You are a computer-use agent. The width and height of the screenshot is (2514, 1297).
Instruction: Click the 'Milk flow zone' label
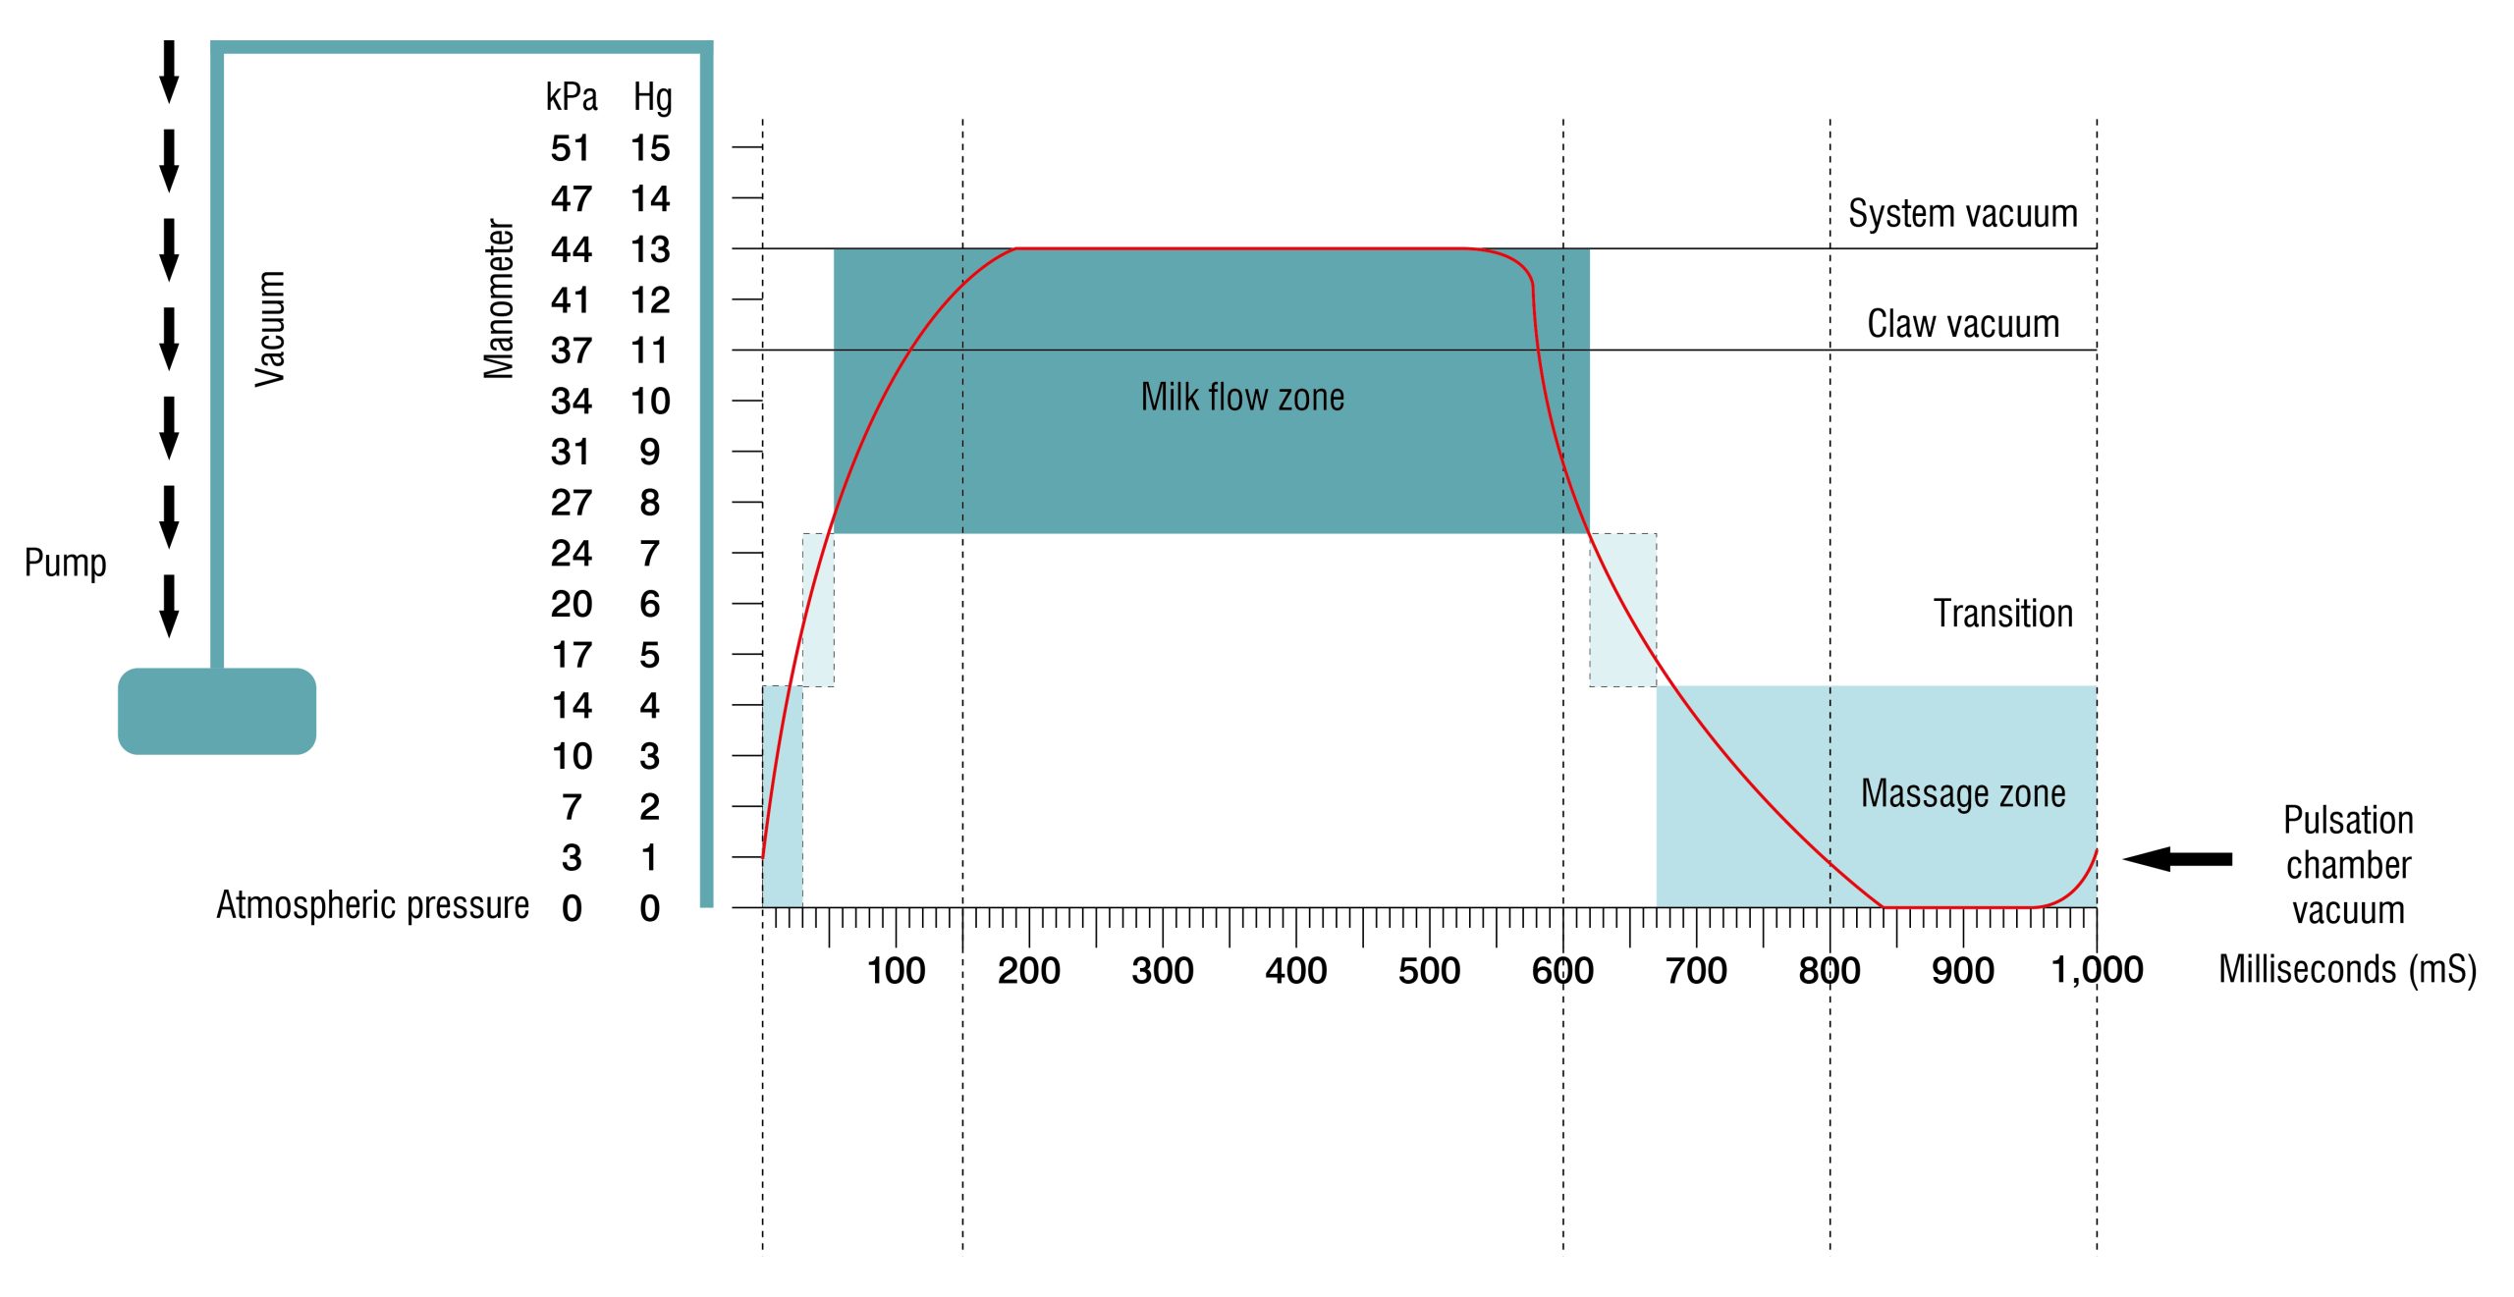click(1242, 398)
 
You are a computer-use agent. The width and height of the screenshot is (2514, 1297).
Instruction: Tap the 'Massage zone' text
click(1962, 793)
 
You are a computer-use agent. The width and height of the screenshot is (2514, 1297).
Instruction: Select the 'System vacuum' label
click(1962, 214)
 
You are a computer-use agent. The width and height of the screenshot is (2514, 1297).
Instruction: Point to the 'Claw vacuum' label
click(1962, 324)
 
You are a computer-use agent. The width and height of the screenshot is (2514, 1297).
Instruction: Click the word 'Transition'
click(2002, 614)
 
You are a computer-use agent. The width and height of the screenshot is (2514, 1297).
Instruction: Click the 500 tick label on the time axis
click(1429, 971)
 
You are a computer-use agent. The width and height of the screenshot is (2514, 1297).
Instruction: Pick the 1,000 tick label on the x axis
click(2097, 970)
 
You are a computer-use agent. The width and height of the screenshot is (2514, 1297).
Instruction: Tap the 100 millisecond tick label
click(896, 971)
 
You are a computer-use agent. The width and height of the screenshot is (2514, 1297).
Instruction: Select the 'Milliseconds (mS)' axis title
click(2347, 970)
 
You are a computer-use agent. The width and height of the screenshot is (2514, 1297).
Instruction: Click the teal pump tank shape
click(217, 711)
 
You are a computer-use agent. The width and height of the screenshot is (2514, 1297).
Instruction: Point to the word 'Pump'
click(65, 564)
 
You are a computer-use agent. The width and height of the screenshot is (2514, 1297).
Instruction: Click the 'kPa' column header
click(572, 98)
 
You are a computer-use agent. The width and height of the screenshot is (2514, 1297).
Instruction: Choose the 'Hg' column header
click(652, 98)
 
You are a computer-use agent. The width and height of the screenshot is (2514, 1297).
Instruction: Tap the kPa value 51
click(571, 149)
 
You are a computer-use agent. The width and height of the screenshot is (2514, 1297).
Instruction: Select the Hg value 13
click(650, 250)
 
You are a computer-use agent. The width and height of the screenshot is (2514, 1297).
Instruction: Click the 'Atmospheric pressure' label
click(372, 905)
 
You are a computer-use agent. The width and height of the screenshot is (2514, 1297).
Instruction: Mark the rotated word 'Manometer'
click(499, 298)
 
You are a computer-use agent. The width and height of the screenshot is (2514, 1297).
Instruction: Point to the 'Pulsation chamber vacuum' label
click(2347, 865)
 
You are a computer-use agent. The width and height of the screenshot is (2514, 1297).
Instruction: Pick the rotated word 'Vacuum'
click(270, 329)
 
